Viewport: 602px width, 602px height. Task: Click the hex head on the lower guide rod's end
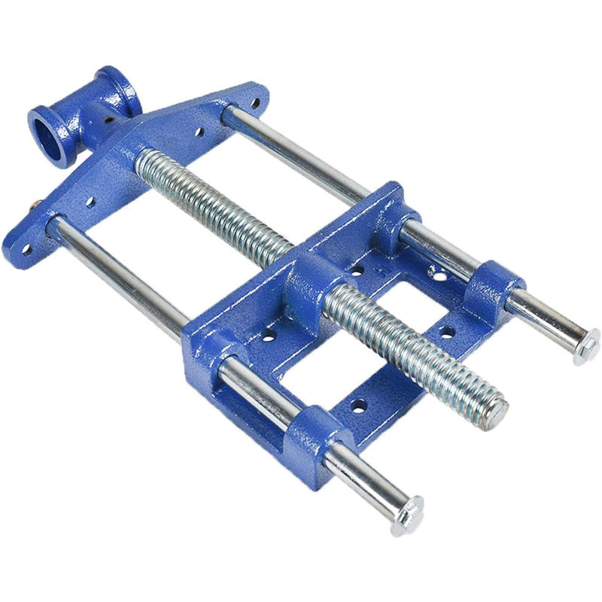coord(408,515)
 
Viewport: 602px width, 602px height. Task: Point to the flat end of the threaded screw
coord(494,413)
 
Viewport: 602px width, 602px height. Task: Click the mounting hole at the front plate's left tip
coord(27,248)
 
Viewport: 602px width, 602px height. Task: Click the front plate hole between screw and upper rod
coord(199,132)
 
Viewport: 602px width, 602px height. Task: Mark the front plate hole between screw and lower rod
coord(90,202)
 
